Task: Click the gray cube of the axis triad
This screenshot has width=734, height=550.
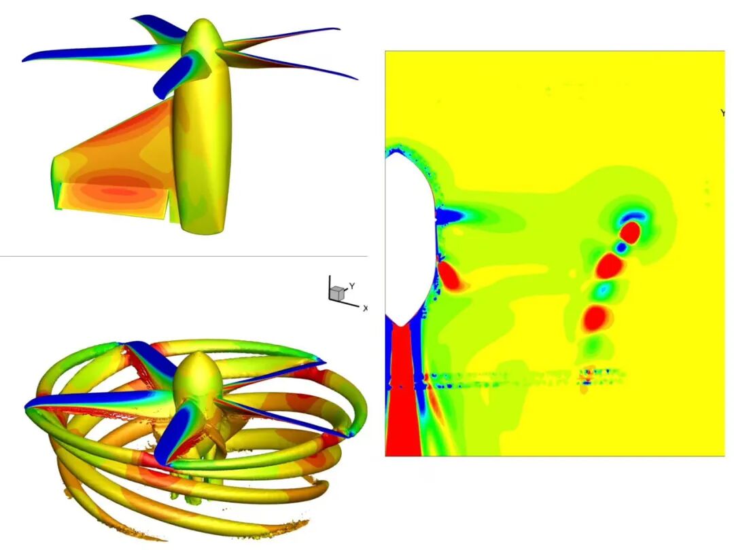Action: (x=336, y=293)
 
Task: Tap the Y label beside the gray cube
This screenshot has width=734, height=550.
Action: (x=352, y=286)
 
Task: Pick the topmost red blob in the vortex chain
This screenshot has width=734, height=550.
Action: (x=631, y=233)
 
